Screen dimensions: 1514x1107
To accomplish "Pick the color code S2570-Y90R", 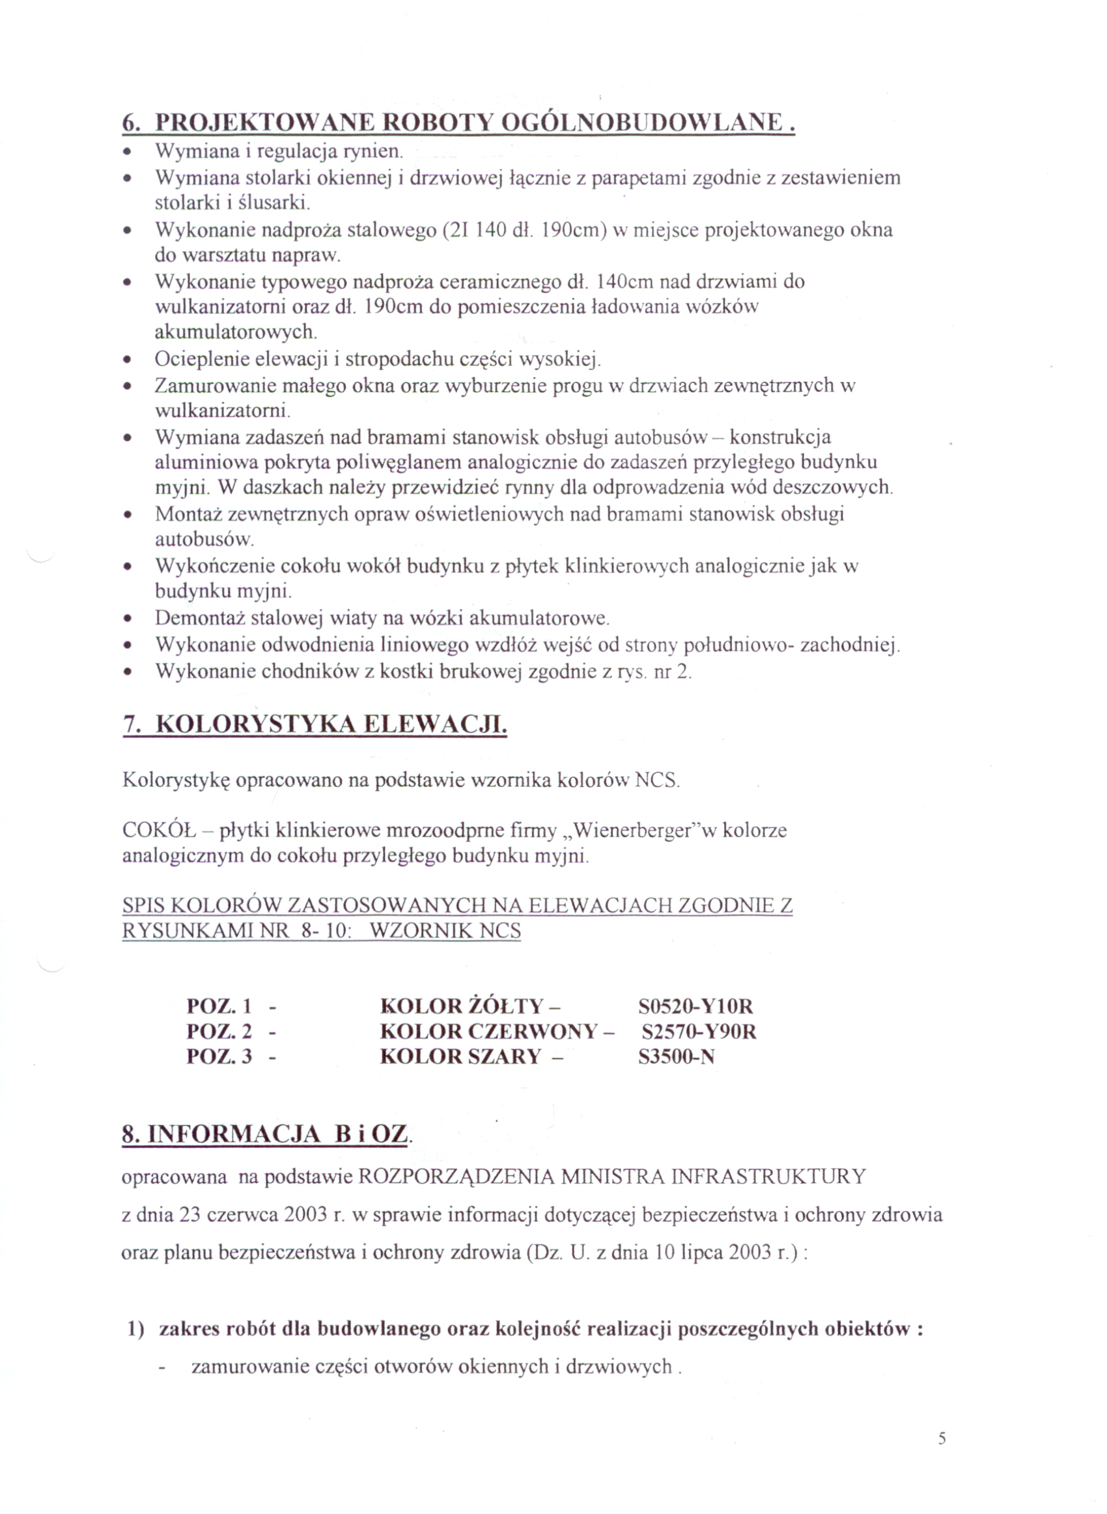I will click(x=698, y=1031).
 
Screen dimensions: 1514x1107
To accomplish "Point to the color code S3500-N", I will click(x=676, y=1057).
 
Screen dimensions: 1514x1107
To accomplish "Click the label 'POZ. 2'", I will click(x=219, y=1031).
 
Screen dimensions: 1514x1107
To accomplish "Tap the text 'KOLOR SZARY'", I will click(x=460, y=1057).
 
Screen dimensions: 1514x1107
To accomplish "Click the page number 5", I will click(x=942, y=1438).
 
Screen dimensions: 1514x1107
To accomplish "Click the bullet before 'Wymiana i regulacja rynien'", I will click(x=126, y=152).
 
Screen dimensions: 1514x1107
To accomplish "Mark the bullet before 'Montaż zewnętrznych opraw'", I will click(x=126, y=515).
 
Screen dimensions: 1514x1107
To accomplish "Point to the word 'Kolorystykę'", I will click(x=176, y=781).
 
